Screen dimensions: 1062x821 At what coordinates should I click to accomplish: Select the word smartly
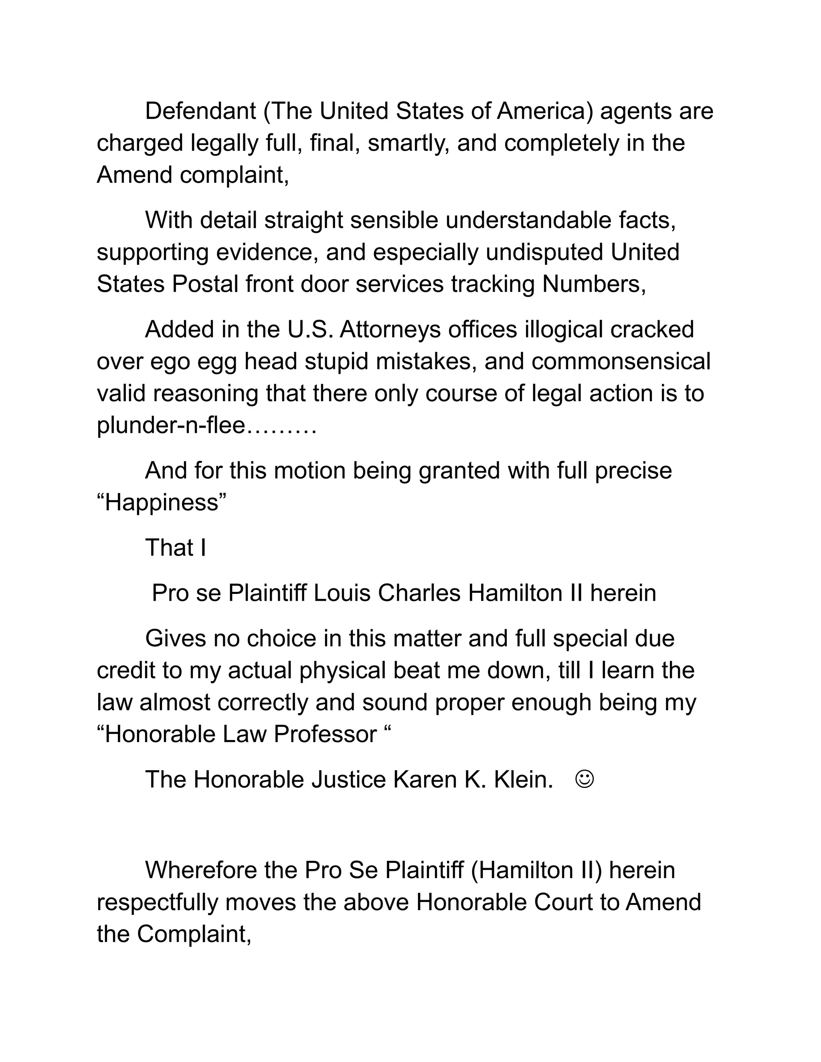click(x=408, y=143)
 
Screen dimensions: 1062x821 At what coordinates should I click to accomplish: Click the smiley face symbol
click(x=584, y=779)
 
